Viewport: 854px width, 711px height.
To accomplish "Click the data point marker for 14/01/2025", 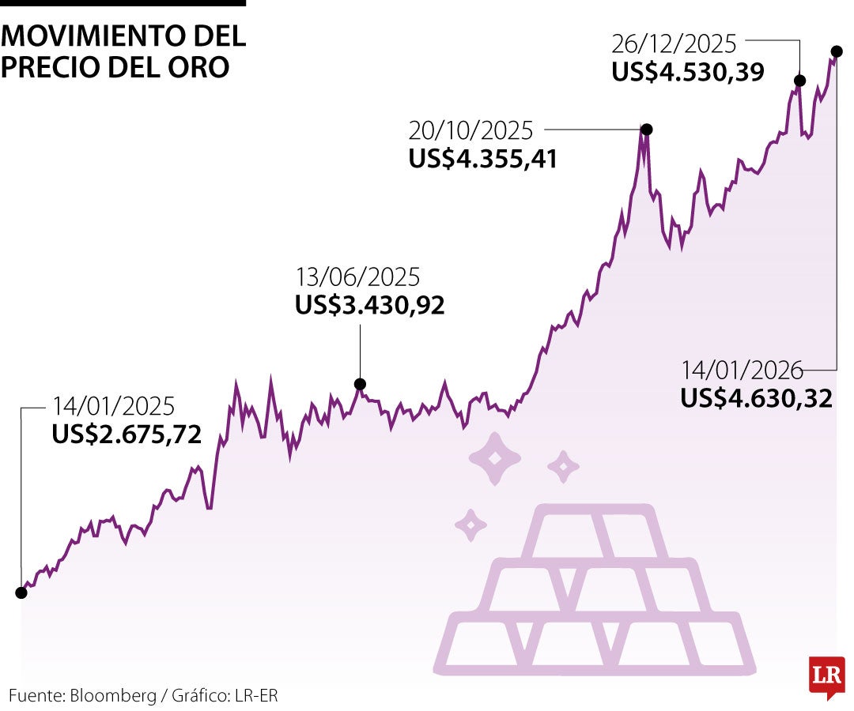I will (x=21, y=592).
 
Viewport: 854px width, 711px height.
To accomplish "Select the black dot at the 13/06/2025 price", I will (x=360, y=385).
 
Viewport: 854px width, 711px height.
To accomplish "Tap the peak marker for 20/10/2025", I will (x=646, y=130).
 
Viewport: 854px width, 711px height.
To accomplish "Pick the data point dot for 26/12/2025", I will (x=799, y=81).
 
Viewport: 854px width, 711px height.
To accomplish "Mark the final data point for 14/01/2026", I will (x=837, y=51).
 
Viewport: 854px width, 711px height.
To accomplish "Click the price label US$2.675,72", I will (x=127, y=434).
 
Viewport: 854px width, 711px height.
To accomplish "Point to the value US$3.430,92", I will (x=369, y=306).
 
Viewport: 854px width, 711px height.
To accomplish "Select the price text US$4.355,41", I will (x=483, y=159).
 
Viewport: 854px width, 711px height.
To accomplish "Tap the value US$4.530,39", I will (x=688, y=72).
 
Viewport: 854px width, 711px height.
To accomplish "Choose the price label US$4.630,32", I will (x=757, y=398).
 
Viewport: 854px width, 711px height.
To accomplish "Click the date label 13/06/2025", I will (x=357, y=277).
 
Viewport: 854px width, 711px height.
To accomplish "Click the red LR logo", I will (x=826, y=676).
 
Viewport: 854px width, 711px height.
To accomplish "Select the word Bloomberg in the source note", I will (x=113, y=696).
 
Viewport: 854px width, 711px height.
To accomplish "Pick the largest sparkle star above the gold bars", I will (x=496, y=458).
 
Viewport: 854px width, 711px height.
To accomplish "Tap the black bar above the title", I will (x=123, y=3).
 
